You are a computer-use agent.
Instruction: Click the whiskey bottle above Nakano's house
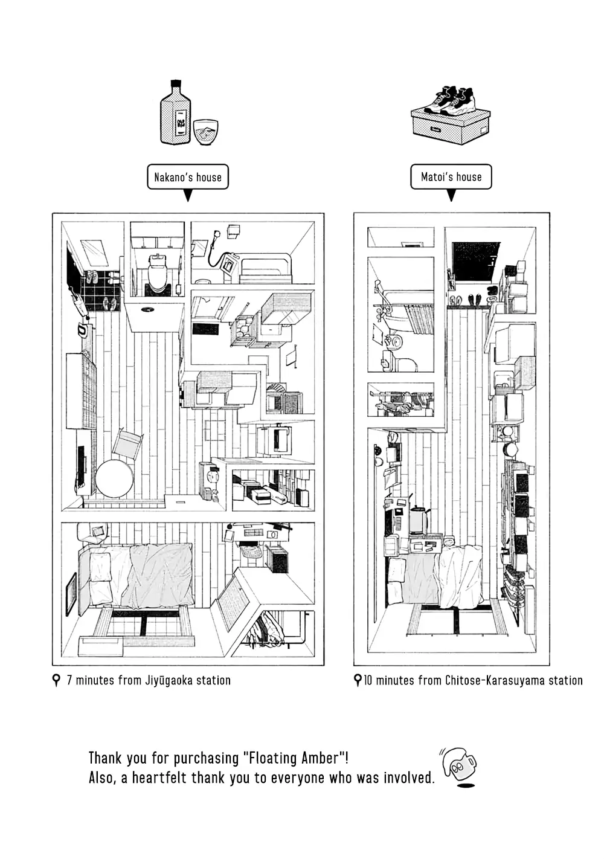pos(175,115)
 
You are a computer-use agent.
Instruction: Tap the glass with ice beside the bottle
pos(205,131)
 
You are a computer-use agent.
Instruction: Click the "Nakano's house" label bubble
pos(188,177)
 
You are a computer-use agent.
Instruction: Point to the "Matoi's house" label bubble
pos(451,176)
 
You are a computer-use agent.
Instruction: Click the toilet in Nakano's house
pos(158,272)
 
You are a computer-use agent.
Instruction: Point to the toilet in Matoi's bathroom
pos(405,362)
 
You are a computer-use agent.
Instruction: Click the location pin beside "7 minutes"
pos(57,680)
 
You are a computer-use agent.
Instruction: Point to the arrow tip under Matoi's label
pos(451,196)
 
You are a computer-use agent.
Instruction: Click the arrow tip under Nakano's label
pos(188,196)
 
